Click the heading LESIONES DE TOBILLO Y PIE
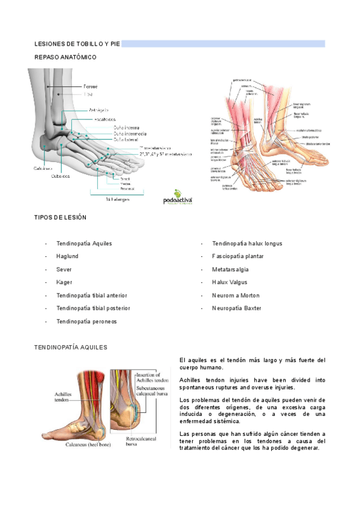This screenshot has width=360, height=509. (x=77, y=44)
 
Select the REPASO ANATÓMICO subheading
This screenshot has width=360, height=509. (x=65, y=57)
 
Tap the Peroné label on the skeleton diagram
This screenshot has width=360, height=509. (x=90, y=86)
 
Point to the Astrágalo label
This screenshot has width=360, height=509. (x=99, y=110)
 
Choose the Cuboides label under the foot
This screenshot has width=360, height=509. (x=60, y=176)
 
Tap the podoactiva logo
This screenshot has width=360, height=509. (x=178, y=197)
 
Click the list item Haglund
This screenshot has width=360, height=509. (x=67, y=256)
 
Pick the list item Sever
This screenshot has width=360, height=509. (x=64, y=270)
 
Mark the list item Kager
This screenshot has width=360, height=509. (x=64, y=282)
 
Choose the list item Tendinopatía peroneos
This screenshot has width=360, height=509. (x=86, y=321)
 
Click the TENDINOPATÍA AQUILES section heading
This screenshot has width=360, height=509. (x=71, y=348)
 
